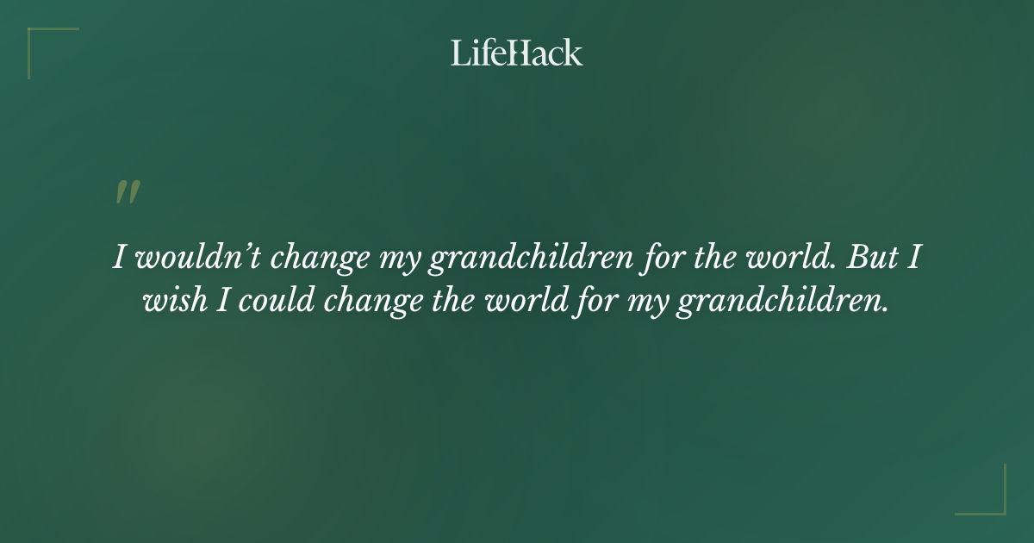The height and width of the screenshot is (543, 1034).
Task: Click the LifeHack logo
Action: (517, 53)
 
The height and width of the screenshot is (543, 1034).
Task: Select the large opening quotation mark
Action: (127, 192)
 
